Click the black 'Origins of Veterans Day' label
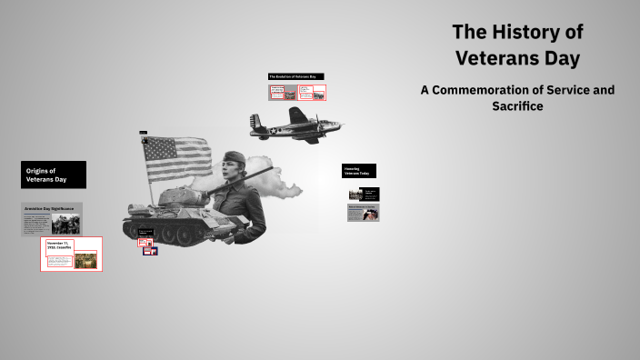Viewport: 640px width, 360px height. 54,175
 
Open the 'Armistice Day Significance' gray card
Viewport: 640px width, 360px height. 52,219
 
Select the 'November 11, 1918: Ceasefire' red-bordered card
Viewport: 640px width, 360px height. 72,254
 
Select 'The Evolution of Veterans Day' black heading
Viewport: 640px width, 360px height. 296,76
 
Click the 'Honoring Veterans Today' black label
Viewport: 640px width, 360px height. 358,171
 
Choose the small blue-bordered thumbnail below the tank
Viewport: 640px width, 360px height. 149,251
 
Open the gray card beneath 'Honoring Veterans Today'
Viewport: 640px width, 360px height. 363,213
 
